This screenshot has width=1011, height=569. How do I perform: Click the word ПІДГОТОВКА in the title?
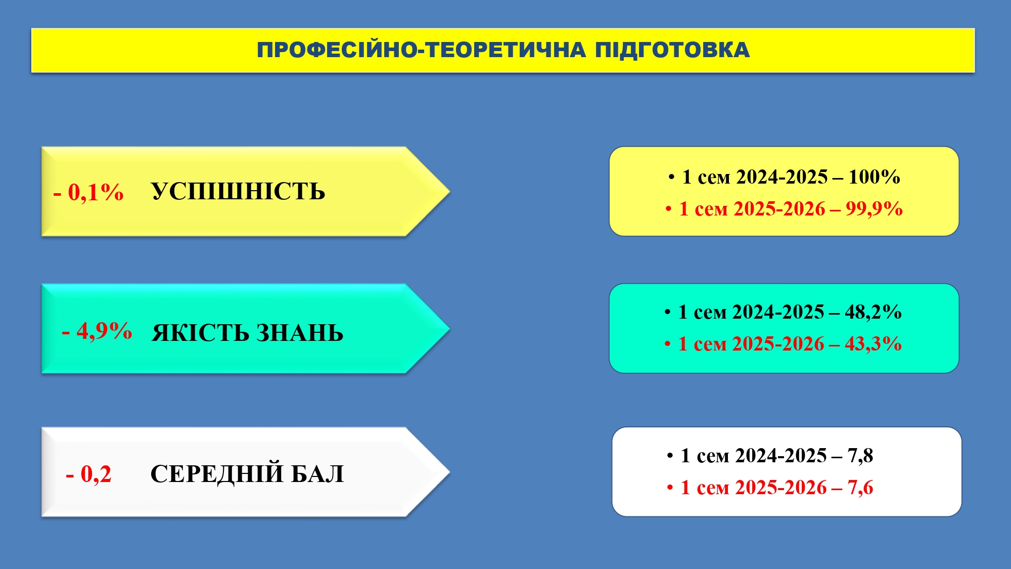pyautogui.click(x=672, y=50)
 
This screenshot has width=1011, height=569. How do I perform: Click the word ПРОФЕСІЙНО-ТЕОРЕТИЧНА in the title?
pyautogui.click(x=422, y=50)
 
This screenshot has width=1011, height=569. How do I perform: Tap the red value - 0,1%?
pyautogui.click(x=88, y=192)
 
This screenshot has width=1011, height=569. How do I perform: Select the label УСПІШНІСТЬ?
pyautogui.click(x=238, y=192)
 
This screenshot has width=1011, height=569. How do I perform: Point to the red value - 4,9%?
pyautogui.click(x=97, y=331)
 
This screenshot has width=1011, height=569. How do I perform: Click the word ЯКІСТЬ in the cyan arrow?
pyautogui.click(x=200, y=333)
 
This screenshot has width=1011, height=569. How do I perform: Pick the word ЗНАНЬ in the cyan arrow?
pyautogui.click(x=300, y=333)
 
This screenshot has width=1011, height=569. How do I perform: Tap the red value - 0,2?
pyautogui.click(x=88, y=474)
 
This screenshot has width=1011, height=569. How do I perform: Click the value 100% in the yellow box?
pyautogui.click(x=875, y=177)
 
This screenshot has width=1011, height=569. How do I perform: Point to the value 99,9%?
pyautogui.click(x=875, y=209)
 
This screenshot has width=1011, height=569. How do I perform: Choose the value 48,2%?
pyautogui.click(x=874, y=312)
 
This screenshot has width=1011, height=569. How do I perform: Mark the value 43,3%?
pyautogui.click(x=874, y=344)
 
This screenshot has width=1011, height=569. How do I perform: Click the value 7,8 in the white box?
pyautogui.click(x=860, y=456)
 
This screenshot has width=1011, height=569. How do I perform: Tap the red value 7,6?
pyautogui.click(x=860, y=488)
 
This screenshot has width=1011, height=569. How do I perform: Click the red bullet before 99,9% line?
pyautogui.click(x=669, y=209)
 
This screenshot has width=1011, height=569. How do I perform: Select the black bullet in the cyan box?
pyautogui.click(x=668, y=312)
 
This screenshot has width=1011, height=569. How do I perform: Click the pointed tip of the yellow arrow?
pyautogui.click(x=449, y=191)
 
